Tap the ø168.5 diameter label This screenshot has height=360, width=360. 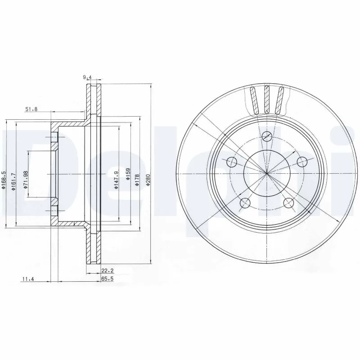pos(4,180)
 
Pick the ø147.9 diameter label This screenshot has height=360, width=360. pos(116,180)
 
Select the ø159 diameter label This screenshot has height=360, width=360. pos(128,174)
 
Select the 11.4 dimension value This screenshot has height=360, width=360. pos(28,279)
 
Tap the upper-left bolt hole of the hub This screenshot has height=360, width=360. pos(232,161)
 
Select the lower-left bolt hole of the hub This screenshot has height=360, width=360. pos(245,202)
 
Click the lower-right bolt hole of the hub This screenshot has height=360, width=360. pos(288,202)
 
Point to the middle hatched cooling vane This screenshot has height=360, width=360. pos(267,99)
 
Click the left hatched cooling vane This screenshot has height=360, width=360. pos(253,99)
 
